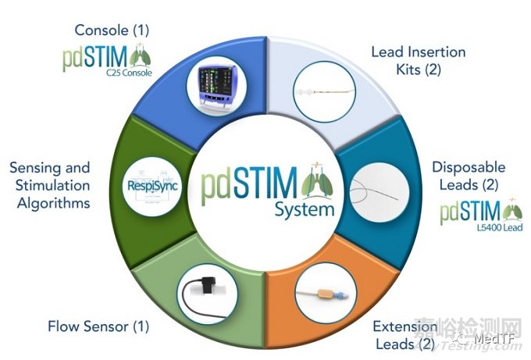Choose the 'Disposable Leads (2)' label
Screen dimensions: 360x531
click(x=469, y=176)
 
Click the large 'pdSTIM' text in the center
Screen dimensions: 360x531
click(x=250, y=185)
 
